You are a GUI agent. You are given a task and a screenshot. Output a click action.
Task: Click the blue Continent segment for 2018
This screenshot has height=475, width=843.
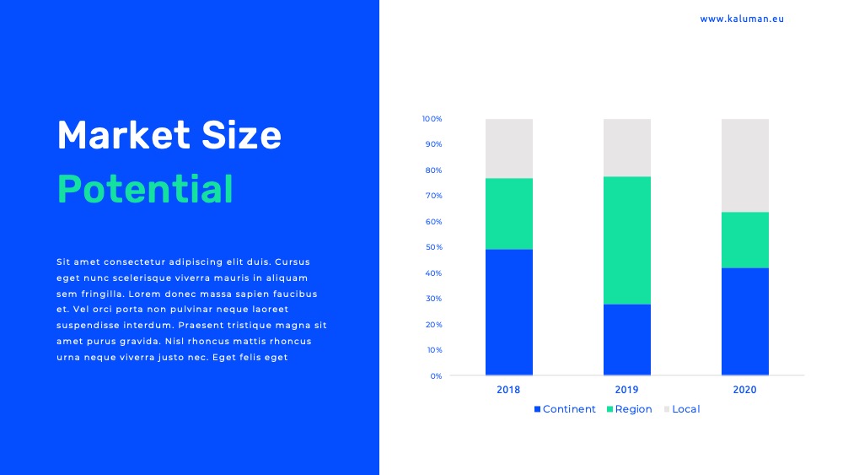[508, 312]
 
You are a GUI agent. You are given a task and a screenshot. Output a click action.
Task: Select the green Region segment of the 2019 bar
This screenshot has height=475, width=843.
[627, 240]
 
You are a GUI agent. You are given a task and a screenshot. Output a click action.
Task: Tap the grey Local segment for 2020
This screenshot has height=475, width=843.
[744, 165]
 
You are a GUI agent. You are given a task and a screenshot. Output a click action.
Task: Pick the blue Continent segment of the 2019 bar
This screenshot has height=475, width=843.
[627, 339]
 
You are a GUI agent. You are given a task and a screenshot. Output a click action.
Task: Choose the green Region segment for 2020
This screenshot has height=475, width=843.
[744, 240]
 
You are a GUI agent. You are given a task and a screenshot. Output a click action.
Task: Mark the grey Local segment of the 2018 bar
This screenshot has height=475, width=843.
[508, 148]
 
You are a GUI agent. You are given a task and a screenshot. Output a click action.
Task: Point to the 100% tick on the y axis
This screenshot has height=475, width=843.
[432, 119]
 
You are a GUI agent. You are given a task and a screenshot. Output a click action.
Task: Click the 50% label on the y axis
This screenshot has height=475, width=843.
[434, 247]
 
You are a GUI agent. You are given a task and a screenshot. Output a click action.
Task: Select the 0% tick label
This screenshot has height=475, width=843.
[436, 376]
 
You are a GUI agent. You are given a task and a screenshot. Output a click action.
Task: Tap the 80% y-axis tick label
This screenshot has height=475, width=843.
[434, 170]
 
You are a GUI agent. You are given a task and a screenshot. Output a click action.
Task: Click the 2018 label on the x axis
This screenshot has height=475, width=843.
[508, 390]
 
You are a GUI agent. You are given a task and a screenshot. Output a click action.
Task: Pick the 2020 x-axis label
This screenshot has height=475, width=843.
[744, 390]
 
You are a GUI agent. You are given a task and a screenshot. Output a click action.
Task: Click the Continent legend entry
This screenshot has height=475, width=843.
[565, 409]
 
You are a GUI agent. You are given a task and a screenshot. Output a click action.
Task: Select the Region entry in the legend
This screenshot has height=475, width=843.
[629, 409]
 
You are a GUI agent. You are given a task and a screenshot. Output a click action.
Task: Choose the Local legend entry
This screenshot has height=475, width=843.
[682, 409]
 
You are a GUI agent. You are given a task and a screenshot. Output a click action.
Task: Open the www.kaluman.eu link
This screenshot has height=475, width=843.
[742, 19]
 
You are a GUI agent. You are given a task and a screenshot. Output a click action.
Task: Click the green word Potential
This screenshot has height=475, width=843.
[145, 189]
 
